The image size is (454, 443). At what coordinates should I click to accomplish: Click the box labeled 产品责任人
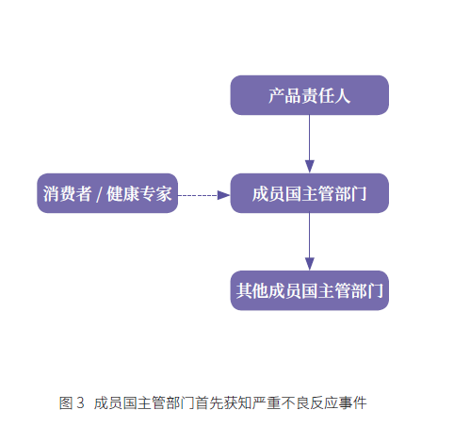[310, 95]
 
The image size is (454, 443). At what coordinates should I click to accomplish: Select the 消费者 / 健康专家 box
[107, 193]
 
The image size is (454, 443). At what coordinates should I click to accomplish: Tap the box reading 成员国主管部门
[310, 193]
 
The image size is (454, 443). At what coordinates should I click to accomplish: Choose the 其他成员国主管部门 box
[310, 290]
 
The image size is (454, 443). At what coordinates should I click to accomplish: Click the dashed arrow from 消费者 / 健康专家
[204, 195]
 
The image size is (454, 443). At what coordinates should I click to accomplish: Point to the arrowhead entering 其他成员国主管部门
[310, 264]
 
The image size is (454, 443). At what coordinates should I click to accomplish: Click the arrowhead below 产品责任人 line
[310, 167]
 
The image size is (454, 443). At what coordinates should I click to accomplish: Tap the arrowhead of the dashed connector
[224, 195]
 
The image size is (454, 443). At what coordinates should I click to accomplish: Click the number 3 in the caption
[80, 402]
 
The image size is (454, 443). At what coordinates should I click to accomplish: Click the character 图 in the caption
[66, 402]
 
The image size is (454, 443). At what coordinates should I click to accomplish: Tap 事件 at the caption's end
[353, 402]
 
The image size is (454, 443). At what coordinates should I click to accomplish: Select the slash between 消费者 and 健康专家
[99, 194]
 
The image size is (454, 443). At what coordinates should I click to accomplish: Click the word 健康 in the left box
[122, 193]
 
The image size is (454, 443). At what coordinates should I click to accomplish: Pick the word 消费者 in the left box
[67, 193]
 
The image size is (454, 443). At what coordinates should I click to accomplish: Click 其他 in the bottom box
[252, 290]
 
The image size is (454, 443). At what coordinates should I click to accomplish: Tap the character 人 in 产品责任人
[343, 95]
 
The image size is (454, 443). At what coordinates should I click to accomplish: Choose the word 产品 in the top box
[284, 95]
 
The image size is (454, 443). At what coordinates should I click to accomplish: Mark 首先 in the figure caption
[209, 402]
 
